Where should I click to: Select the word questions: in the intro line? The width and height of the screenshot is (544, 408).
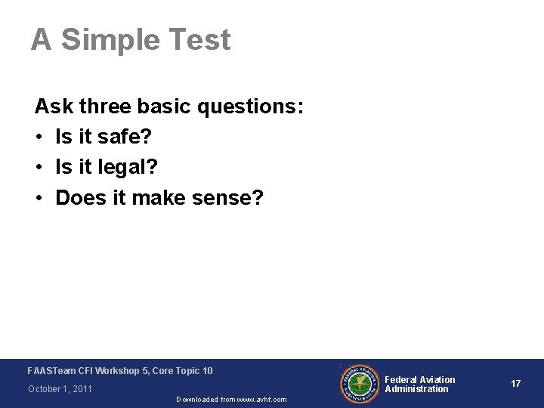250,107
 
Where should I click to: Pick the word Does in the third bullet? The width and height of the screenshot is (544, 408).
77,198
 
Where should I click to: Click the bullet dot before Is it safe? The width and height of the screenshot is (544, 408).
39,138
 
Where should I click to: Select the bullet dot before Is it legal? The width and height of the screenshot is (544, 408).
39,168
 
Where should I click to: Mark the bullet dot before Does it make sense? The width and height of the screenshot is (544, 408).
39,199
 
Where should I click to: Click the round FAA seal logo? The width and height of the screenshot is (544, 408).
359,384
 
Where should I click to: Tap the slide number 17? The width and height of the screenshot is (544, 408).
515,384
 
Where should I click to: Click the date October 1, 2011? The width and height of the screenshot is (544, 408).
60,389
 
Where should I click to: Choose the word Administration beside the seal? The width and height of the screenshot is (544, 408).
416,389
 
